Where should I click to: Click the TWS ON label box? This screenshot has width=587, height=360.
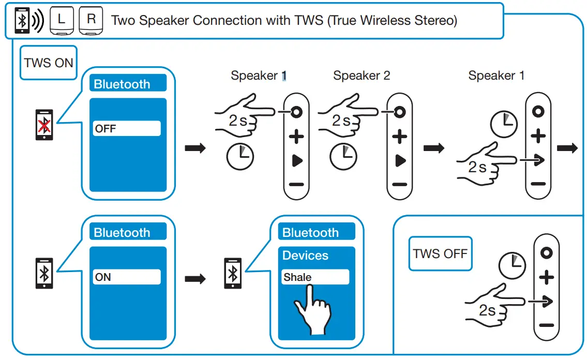48,63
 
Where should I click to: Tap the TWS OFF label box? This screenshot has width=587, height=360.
440,253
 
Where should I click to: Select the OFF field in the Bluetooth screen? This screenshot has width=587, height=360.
127,129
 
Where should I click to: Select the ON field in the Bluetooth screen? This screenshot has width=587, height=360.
127,277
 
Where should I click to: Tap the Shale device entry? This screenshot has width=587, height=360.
315,277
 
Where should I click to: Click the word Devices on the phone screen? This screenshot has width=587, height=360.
305,256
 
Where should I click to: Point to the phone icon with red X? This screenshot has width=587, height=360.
45,125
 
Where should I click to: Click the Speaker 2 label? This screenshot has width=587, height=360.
362,76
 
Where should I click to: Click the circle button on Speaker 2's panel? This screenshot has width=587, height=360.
399,112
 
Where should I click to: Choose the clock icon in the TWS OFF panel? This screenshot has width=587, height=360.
511,266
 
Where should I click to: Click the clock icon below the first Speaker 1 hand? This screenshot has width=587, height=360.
240,157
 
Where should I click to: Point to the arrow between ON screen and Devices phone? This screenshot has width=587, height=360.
195,279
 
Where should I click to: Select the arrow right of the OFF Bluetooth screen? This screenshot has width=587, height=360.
195,148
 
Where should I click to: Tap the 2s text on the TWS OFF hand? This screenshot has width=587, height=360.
487,310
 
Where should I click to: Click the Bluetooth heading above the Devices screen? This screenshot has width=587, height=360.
310,233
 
